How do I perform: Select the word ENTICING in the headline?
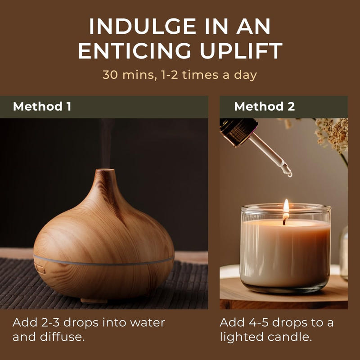135,50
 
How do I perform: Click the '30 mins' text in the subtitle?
130,75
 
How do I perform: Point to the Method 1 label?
42,107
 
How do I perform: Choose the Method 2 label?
265,107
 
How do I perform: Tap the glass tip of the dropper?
288,172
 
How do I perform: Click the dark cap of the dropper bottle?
238,131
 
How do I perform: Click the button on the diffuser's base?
40,268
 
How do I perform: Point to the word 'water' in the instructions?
148,323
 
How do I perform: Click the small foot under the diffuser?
94,300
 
